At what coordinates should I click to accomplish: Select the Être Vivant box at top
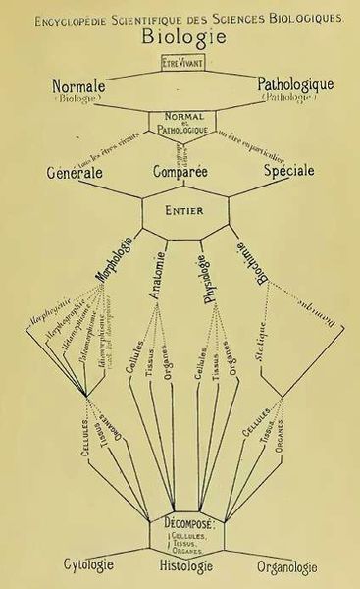point(180,63)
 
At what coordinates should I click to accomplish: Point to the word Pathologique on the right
point(293,86)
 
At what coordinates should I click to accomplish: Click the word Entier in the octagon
point(180,210)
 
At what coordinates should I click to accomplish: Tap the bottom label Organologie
point(286,566)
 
